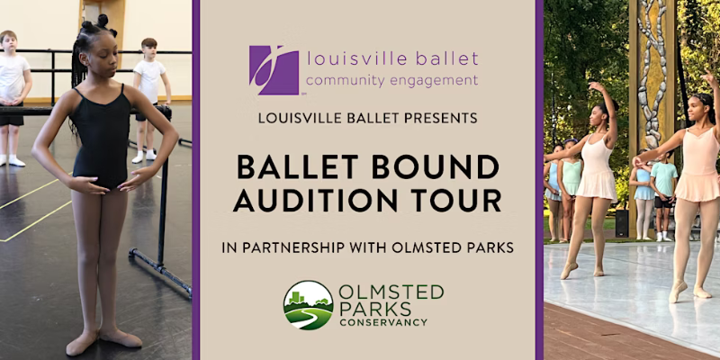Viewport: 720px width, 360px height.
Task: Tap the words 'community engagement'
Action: (x=392, y=80)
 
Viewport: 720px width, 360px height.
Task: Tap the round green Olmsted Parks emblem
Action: (x=308, y=305)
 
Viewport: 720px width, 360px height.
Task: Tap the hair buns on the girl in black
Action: (x=98, y=20)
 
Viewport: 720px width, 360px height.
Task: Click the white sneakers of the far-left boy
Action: (x=11, y=160)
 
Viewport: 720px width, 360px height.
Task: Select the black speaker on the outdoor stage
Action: (x=621, y=224)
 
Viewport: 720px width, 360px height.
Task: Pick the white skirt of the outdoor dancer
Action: (x=595, y=184)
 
